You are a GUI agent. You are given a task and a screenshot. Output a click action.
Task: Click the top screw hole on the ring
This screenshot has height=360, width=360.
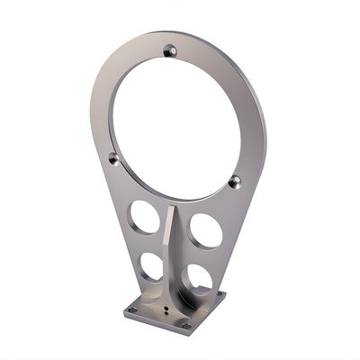(170, 50)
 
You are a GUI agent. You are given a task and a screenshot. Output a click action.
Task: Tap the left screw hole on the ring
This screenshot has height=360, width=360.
(113, 158)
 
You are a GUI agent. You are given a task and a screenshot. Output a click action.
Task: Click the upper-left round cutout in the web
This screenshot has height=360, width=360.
(143, 216)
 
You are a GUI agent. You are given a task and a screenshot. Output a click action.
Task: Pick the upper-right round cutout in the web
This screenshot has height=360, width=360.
(206, 231)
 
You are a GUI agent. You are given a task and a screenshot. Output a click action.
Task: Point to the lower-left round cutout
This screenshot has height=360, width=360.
(152, 265)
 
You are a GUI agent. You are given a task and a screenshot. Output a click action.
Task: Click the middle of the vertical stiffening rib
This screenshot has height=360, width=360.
(172, 252)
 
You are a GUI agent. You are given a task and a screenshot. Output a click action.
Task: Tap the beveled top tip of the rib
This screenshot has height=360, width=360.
(172, 210)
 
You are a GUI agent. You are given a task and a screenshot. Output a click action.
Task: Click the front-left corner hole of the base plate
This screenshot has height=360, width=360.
(132, 311)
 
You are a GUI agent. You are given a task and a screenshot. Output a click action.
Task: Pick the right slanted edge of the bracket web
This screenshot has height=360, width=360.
(241, 225)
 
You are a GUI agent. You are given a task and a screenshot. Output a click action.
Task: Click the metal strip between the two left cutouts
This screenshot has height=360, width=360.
(147, 243)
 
